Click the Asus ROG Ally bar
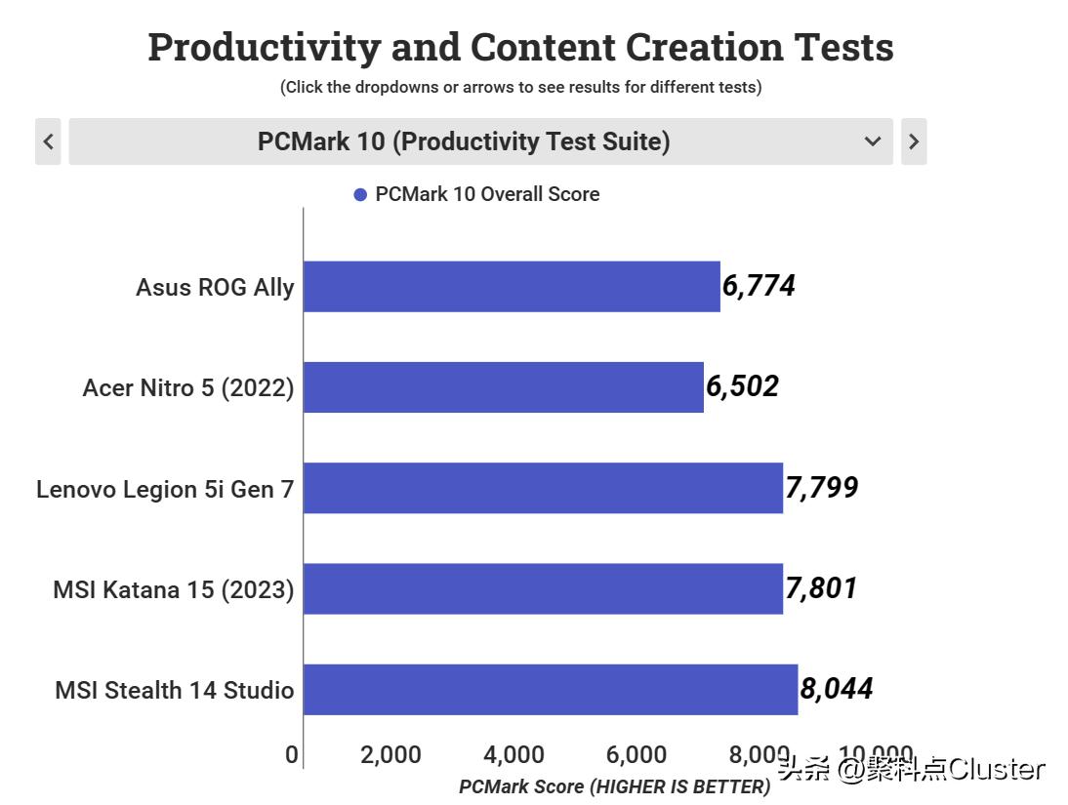coord(512,286)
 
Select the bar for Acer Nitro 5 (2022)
coord(504,387)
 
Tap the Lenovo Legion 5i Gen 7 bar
coord(543,488)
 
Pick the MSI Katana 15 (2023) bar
coord(543,588)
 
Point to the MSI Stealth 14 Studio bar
coord(551,689)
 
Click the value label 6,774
coord(759,286)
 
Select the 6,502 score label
coord(742,386)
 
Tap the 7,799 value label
coord(822,488)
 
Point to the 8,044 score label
coord(837,689)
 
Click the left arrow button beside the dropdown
coord(48,141)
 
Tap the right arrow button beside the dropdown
coord(913,141)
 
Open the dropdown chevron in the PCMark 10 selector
coord(873,141)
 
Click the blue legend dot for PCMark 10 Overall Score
coord(360,195)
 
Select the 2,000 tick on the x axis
coord(390,754)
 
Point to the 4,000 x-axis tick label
coord(513,754)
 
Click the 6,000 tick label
coord(637,754)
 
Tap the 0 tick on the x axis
coord(291,754)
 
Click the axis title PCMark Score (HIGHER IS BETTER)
coord(614,786)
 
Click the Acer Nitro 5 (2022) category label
coord(188,387)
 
